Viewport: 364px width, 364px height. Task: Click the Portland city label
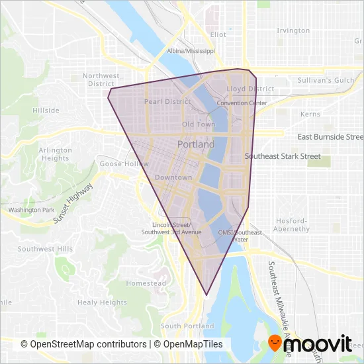point(196,144)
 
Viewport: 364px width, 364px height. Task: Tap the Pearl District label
point(167,102)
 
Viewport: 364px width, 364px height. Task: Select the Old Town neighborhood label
point(199,124)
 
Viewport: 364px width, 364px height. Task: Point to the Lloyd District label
point(250,89)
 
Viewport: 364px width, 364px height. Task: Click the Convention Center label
point(242,103)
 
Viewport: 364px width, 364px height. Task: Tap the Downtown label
point(173,177)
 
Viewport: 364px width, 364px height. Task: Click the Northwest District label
point(99,80)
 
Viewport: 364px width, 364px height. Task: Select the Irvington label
point(294,30)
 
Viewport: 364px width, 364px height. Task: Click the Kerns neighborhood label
point(310,114)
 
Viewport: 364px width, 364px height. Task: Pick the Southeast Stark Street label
point(283,157)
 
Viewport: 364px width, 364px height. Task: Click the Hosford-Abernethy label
point(291,225)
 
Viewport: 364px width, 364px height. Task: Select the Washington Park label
point(30,210)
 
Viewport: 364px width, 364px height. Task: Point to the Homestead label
point(146,283)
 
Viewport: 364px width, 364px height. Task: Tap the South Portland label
point(187,326)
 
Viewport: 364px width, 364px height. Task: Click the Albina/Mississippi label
point(191,50)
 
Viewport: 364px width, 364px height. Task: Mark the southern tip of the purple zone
point(207,295)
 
